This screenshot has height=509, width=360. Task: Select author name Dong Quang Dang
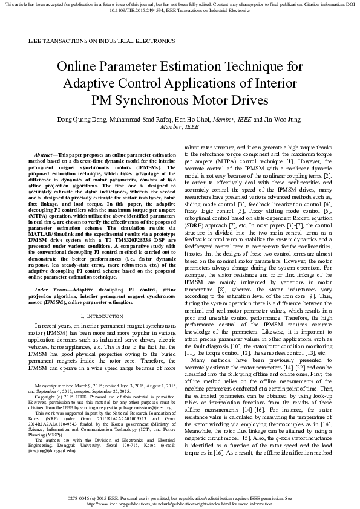pos(83,119)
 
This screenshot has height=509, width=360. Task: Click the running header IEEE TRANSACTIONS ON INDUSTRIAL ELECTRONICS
pos(102,41)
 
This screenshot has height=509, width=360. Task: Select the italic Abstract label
pos(47,155)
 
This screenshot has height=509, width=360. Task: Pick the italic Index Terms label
pos(51,290)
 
